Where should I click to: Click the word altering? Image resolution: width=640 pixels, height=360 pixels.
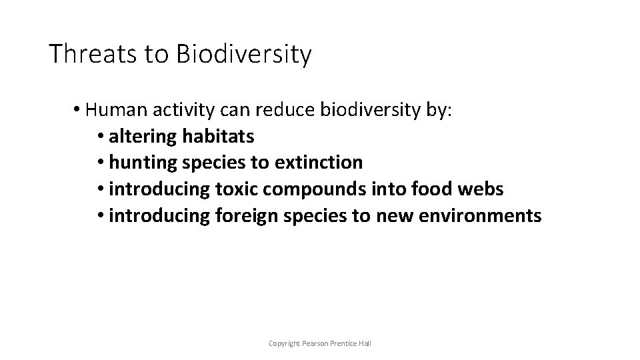tap(143, 137)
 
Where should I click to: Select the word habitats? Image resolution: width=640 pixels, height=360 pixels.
tap(217, 136)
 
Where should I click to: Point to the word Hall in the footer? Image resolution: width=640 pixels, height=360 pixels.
tap(365, 343)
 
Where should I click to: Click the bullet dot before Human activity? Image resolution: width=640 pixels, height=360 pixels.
tap(78, 110)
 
